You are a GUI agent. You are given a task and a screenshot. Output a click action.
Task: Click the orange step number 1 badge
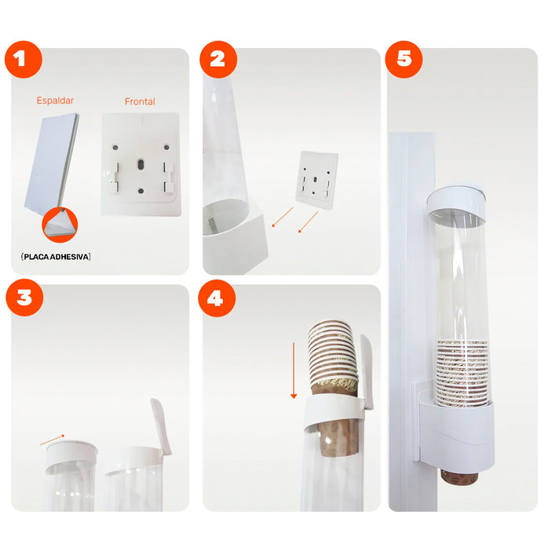[x=24, y=60]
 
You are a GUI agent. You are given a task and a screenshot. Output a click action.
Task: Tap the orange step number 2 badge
[x=218, y=60]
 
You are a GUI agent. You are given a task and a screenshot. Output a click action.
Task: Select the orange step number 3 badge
[x=24, y=298]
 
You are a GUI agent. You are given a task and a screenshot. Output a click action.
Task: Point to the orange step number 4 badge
[x=217, y=298]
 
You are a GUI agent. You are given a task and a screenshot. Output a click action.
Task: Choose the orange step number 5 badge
[x=403, y=60]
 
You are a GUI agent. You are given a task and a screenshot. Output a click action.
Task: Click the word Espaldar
[x=55, y=100]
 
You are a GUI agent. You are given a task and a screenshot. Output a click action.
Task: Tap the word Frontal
[x=140, y=101]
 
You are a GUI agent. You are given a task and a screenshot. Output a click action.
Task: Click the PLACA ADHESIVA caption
[x=56, y=257]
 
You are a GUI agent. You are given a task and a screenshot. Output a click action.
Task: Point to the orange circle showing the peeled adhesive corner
[x=60, y=225]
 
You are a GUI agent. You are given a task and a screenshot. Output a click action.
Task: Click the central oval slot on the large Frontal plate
[x=141, y=164]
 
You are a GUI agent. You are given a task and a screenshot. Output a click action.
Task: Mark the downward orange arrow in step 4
[x=294, y=371]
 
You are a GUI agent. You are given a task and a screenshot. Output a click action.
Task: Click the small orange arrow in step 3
[x=52, y=440]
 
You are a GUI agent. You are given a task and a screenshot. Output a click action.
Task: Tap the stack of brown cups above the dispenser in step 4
[x=333, y=357]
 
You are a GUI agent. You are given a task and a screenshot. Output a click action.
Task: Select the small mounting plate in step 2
[x=317, y=181]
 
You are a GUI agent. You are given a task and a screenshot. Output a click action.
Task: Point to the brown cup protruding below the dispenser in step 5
[x=459, y=476]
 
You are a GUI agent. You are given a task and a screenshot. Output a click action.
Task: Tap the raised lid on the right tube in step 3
[x=161, y=426]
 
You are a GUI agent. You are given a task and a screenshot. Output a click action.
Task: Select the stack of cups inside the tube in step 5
[x=462, y=373]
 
